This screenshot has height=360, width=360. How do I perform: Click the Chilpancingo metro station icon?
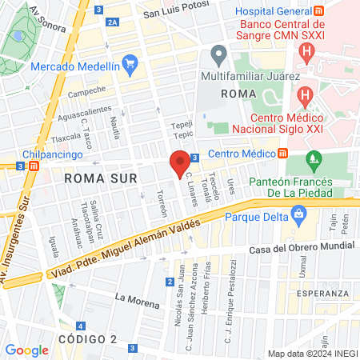pyautogui.click(x=34, y=166)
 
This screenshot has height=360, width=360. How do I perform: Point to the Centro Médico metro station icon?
pyautogui.click(x=282, y=154)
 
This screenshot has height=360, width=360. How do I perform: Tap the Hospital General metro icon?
pyautogui.click(x=318, y=12)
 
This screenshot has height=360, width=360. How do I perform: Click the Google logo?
pyautogui.click(x=27, y=350)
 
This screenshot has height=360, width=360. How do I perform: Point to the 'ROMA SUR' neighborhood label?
pyautogui.click(x=96, y=178)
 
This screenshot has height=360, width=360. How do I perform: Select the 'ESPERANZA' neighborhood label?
pyautogui.click(x=322, y=294)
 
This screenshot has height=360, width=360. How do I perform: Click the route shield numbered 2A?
pyautogui.click(x=111, y=23)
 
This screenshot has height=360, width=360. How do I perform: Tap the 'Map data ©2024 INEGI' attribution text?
pyautogui.click(x=311, y=354)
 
